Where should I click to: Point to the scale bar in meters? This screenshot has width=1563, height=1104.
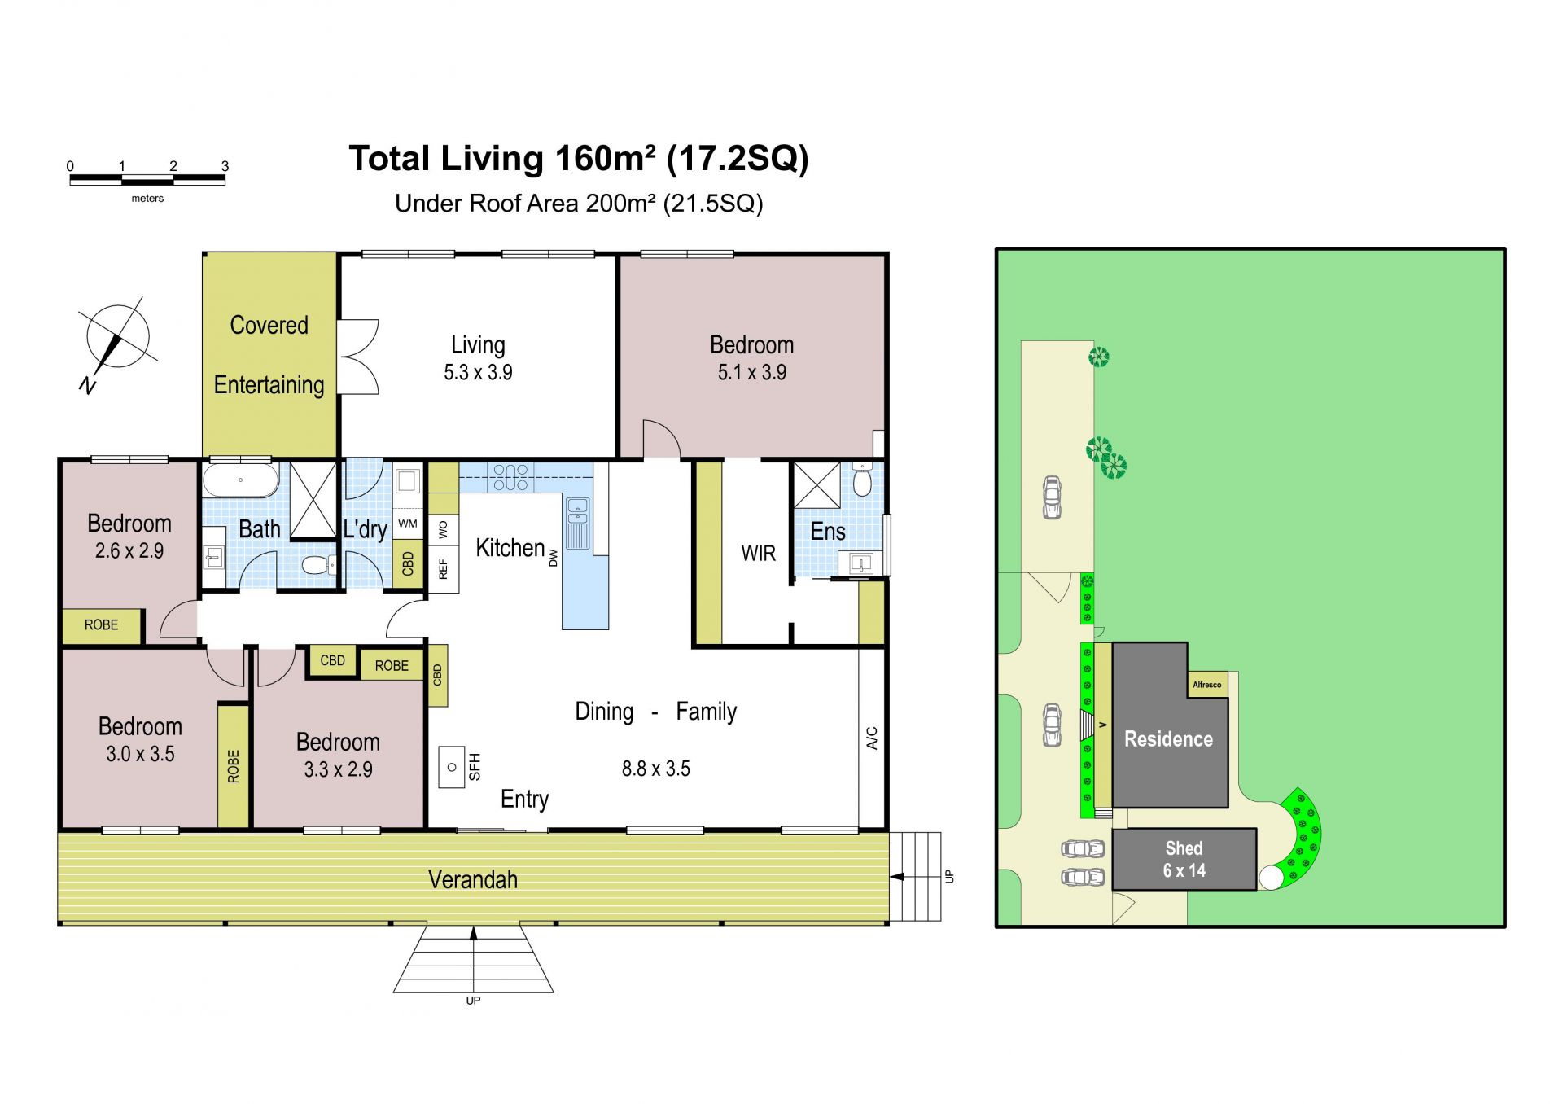click(147, 180)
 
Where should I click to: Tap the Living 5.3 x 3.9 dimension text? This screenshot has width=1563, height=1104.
click(478, 372)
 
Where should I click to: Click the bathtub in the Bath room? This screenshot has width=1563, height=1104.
click(241, 480)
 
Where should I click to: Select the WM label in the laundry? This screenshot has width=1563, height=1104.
click(408, 524)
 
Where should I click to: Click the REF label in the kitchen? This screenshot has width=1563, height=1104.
click(444, 568)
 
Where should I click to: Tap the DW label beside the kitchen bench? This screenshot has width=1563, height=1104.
click(554, 558)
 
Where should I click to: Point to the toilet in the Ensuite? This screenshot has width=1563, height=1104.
click(862, 480)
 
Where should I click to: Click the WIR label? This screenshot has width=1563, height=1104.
click(758, 554)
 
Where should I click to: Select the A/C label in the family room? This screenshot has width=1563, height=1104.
click(872, 738)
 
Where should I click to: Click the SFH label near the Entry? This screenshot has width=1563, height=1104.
click(475, 767)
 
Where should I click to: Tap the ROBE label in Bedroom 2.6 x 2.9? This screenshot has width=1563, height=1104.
click(101, 625)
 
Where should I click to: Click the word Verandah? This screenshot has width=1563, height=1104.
click(473, 879)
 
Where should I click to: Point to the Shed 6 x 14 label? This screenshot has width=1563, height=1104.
click(1184, 860)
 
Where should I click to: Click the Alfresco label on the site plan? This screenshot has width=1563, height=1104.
click(1207, 685)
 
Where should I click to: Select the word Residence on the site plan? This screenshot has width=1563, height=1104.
click(1168, 739)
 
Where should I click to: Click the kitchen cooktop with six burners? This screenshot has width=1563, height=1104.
click(510, 478)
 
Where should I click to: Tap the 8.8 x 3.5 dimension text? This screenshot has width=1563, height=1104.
click(656, 769)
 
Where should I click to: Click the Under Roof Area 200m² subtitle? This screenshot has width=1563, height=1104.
click(579, 203)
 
